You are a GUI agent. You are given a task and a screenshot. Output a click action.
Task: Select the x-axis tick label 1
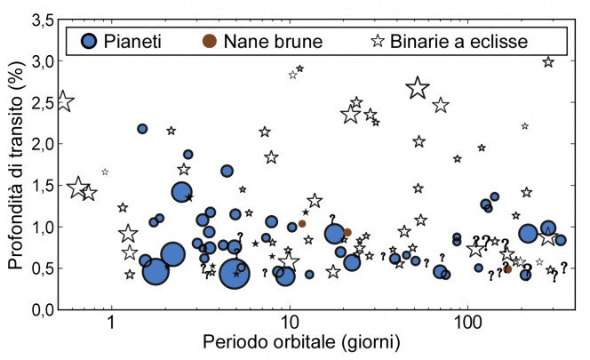point(111,324)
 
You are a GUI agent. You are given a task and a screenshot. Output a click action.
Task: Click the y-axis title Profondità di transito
point(12,164)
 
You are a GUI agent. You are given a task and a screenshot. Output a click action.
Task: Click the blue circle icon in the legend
point(89,40)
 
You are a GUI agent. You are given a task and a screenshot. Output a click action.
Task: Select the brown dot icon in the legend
point(209,40)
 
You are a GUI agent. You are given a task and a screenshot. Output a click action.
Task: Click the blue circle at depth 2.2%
point(142,129)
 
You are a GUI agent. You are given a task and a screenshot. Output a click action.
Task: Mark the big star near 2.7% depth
point(418,88)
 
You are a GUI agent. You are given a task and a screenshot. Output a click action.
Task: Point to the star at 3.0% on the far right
point(548,62)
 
